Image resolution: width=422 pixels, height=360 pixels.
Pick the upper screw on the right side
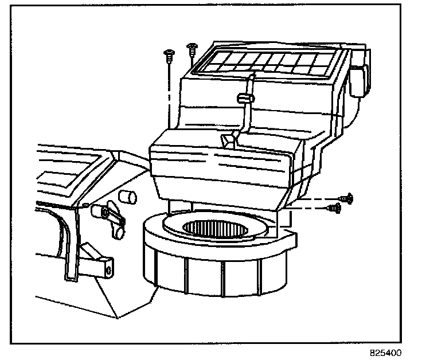(x=346, y=198)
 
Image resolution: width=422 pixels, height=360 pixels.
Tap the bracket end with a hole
(x=107, y=267)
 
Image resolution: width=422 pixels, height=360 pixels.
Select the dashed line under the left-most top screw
(x=170, y=92)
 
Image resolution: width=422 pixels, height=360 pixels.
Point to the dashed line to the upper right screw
(x=321, y=199)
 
